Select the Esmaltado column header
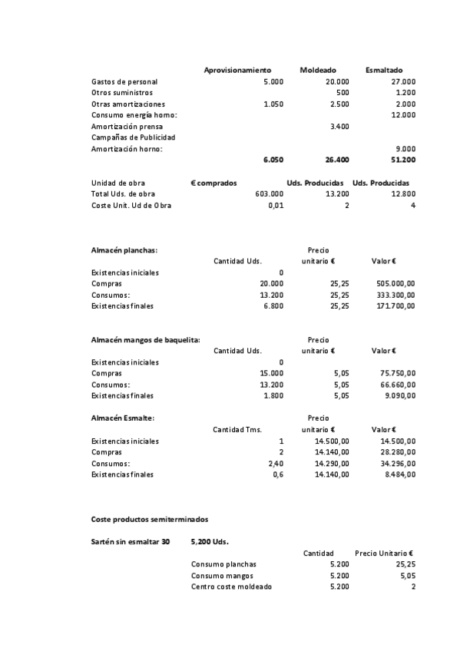click(x=384, y=70)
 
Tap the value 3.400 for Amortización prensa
click(x=339, y=126)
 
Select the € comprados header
click(x=213, y=183)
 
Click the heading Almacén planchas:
click(x=124, y=250)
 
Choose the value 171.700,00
click(x=395, y=306)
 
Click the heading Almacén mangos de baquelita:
click(x=145, y=339)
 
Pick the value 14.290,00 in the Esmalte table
click(x=332, y=464)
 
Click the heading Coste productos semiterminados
click(x=149, y=519)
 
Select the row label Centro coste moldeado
click(x=230, y=587)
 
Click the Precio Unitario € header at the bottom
click(x=384, y=553)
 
